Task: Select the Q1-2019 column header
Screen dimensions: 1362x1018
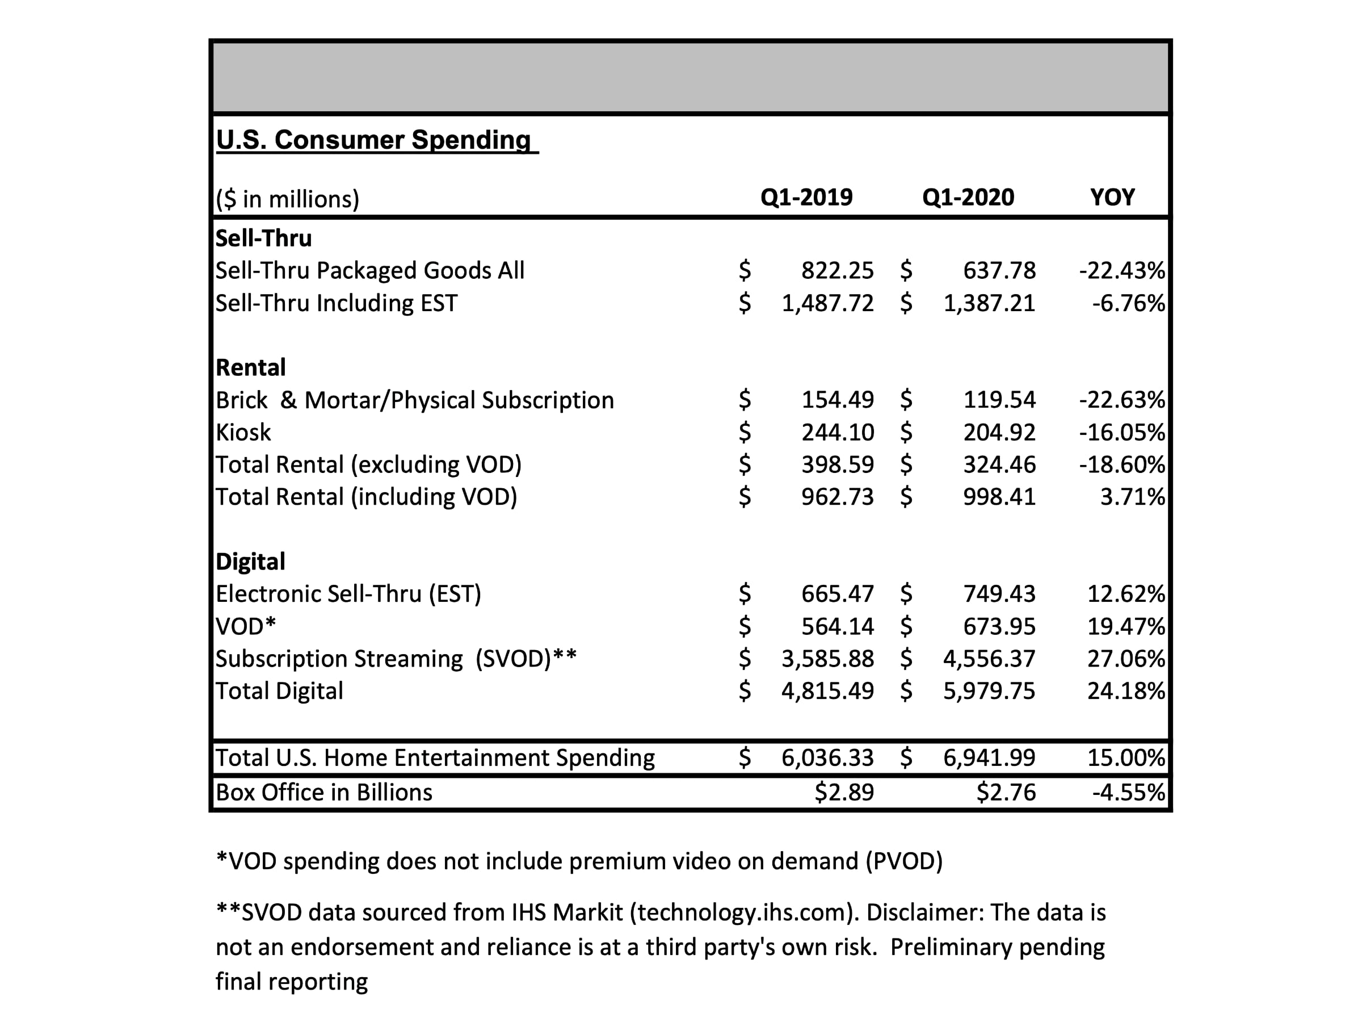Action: (x=806, y=197)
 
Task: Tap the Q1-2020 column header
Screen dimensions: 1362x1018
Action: (x=968, y=197)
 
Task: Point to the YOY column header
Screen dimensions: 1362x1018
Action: (x=1112, y=197)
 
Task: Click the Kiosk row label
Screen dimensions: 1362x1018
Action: (x=243, y=432)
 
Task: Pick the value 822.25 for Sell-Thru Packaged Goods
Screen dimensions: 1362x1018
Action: (x=838, y=270)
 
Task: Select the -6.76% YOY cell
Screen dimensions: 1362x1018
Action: (x=1129, y=303)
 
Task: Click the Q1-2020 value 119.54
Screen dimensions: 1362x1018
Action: (x=999, y=400)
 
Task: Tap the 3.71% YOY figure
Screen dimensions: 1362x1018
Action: (x=1133, y=496)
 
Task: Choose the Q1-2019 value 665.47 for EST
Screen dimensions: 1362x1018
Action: (x=838, y=594)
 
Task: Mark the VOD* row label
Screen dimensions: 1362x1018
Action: (x=246, y=626)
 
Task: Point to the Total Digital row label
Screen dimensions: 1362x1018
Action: (x=280, y=691)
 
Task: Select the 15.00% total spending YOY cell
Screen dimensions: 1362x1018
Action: (x=1126, y=757)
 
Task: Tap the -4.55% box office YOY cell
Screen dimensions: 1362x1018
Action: (x=1129, y=792)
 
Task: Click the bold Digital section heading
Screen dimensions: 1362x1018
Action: (x=251, y=562)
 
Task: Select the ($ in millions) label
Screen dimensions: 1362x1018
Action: (x=288, y=199)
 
